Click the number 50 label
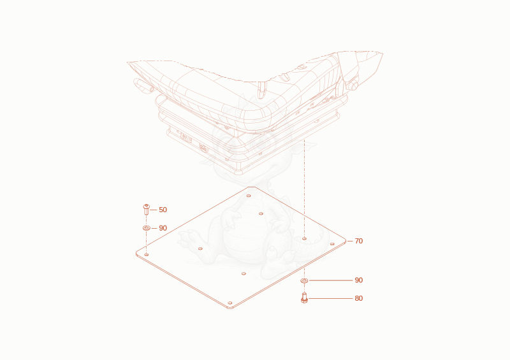163,210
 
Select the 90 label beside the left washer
163,228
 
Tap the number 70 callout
358,241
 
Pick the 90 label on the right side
358,280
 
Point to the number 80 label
358,298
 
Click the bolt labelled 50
147,210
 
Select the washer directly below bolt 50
147,228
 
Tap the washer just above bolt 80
304,280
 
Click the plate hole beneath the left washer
147,254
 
